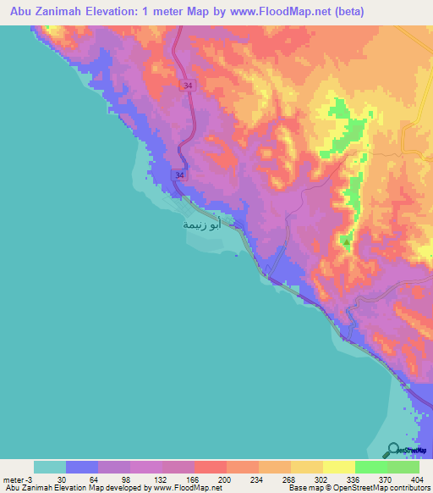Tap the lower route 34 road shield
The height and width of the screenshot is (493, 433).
[178, 174]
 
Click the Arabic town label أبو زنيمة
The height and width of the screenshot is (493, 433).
[203, 224]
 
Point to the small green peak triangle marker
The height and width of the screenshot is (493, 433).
[347, 242]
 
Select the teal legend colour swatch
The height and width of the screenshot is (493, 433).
[50, 467]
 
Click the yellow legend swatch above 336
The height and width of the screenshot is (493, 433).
[339, 467]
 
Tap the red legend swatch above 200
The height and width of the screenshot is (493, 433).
[211, 467]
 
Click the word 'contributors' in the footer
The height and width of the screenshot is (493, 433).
[408, 488]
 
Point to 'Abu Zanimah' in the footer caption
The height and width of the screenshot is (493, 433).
[23, 488]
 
